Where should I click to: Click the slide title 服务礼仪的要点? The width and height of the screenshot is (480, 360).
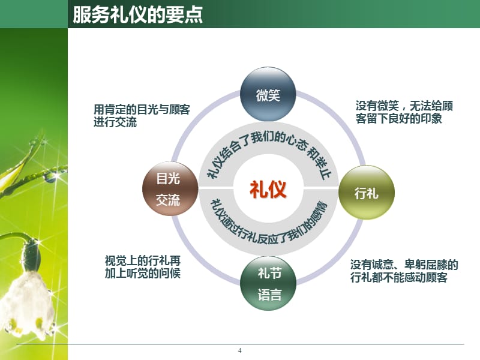137,14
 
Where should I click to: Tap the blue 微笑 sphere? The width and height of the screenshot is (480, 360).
268,95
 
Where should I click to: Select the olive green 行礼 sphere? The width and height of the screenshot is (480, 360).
367,193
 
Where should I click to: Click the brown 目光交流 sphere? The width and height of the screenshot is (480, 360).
169,189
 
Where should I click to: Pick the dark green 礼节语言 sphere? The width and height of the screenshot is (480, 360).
268,284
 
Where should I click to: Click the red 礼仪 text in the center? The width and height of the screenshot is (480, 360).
268,190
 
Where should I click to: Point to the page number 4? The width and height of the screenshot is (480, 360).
240,351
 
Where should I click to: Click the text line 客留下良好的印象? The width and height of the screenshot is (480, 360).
398,119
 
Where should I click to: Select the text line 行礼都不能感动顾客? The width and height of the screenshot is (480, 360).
398,277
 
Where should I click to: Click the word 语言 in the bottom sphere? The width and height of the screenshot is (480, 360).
268,295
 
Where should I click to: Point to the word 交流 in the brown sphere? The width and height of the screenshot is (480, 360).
168,200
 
